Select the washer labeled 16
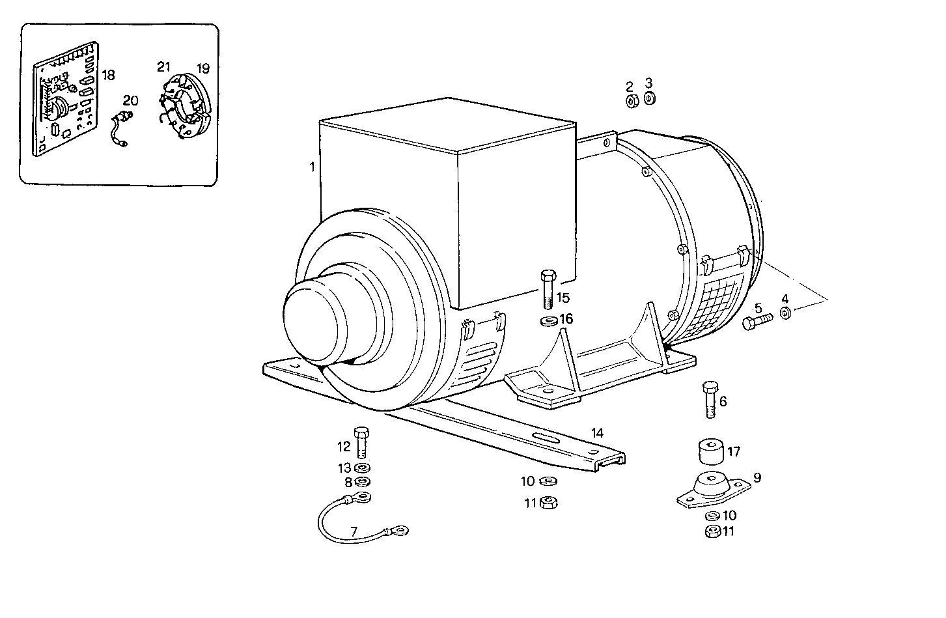[x=547, y=320]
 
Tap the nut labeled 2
[x=631, y=101]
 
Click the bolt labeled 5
[x=757, y=321]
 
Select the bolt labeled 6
[x=710, y=399]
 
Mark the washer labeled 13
[x=363, y=468]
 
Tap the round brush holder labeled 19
[x=186, y=107]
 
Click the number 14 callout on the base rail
[x=597, y=433]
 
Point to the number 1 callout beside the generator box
[x=313, y=167]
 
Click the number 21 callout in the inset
[x=163, y=67]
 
